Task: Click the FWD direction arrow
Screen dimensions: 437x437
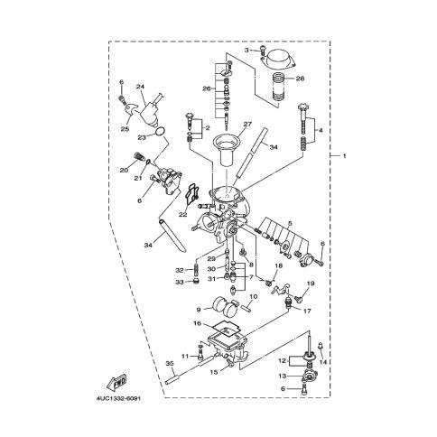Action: tap(116, 382)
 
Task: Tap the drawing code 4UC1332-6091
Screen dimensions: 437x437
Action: tap(118, 399)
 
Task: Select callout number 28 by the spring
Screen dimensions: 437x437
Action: tap(300, 79)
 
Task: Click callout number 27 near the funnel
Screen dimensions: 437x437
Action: tap(247, 124)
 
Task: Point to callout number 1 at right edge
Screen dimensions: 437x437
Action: tap(344, 156)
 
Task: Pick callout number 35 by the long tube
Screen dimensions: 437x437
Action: tap(170, 364)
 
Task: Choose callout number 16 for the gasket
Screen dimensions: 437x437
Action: tap(198, 323)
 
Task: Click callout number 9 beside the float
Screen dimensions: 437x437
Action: tap(199, 309)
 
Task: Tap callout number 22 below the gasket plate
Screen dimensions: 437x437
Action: tap(182, 215)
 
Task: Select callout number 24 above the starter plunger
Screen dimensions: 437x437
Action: tap(140, 87)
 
